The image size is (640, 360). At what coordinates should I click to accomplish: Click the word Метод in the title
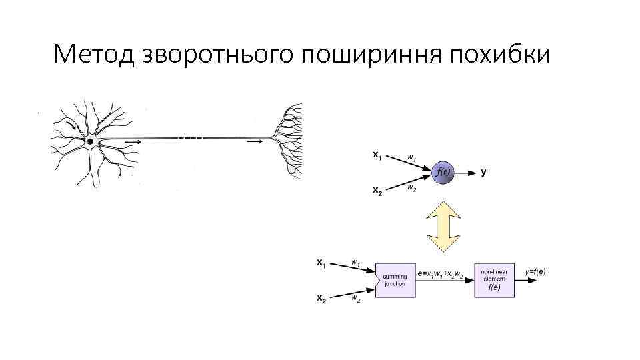(93, 54)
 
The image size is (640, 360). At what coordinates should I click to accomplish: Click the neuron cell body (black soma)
(90, 141)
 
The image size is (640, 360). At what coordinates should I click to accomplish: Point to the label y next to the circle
(483, 172)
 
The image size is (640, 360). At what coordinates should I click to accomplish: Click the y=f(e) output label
(535, 271)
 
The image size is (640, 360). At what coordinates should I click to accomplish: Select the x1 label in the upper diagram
(377, 157)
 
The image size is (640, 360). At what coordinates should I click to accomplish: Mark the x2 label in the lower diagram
(321, 299)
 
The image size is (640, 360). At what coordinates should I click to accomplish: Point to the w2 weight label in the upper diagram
(411, 188)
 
